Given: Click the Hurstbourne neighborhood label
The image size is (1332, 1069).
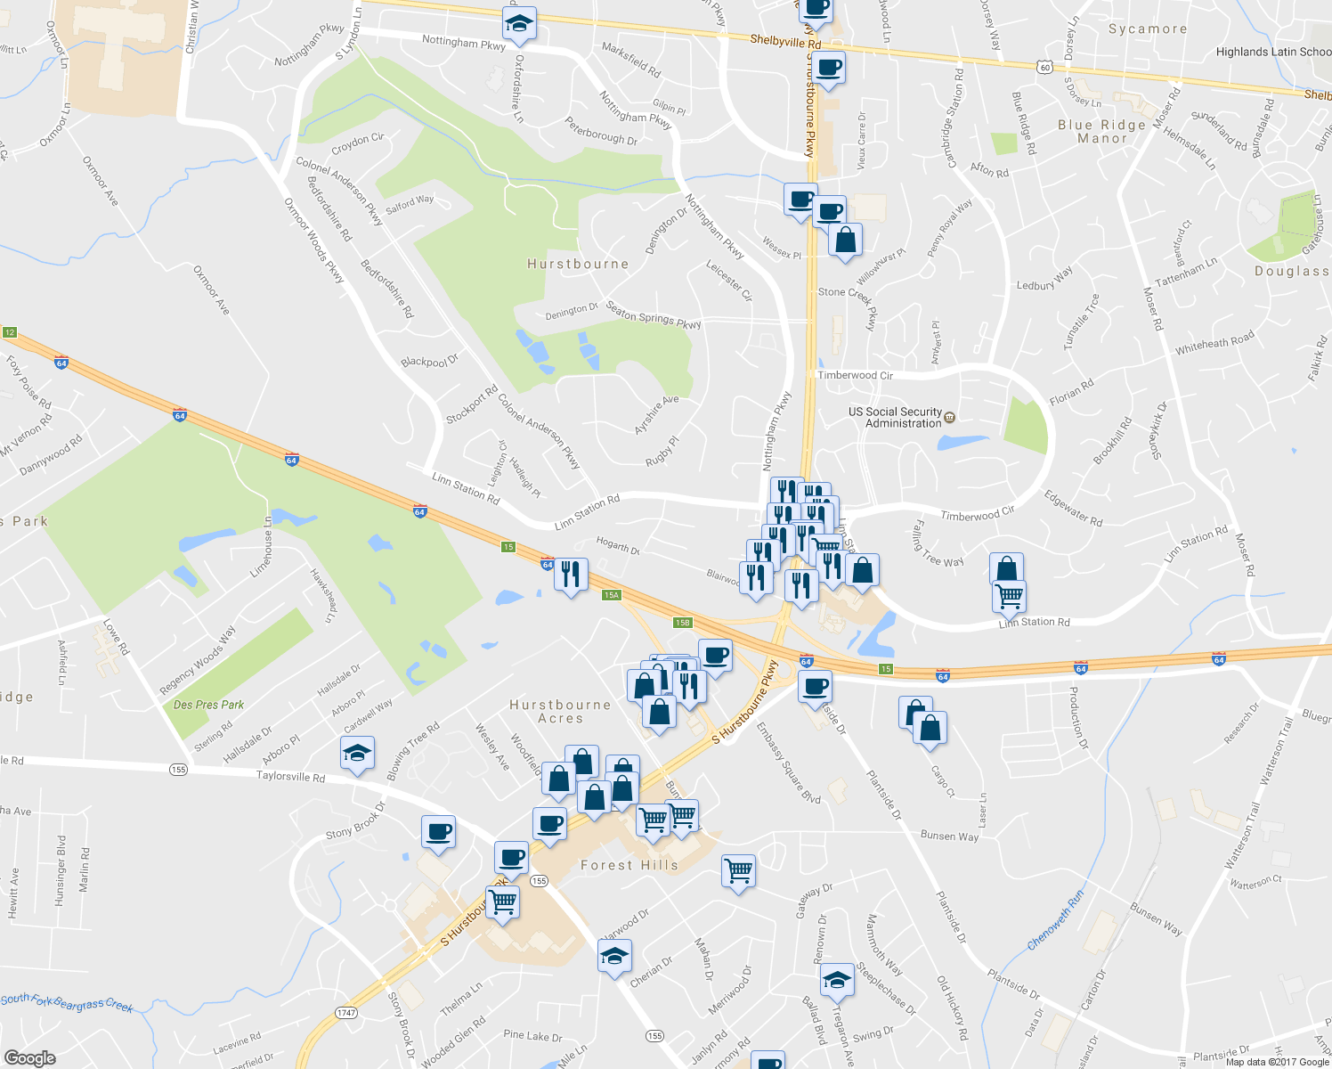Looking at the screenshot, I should coord(578,264).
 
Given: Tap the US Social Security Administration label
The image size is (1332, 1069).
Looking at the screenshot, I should coord(895,417).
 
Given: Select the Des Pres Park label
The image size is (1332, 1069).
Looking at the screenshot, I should coord(208,705).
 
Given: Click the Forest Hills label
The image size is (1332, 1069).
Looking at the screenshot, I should coord(629,865).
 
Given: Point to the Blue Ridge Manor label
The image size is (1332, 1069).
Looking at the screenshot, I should coord(1101,132).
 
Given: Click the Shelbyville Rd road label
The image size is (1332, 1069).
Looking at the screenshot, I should coord(784,41).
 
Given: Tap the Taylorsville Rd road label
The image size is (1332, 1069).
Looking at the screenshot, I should coord(290,777).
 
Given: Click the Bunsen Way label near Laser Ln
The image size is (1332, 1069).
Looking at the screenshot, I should coord(949,836).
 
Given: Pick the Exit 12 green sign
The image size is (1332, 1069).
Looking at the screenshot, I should coord(10,332).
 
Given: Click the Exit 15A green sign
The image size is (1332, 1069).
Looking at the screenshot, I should coord(611,595).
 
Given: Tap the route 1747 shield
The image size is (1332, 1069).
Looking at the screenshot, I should coord(346,1013).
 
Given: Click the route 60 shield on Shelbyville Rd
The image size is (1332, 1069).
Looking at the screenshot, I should coord(1044,67).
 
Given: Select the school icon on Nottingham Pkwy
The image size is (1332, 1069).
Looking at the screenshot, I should coord(518,23).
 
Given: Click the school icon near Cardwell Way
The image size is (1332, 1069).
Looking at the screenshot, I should coord(357,754).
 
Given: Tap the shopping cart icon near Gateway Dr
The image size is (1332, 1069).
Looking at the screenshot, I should coord(739,870).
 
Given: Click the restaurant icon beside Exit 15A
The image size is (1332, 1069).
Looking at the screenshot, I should coord(571,574).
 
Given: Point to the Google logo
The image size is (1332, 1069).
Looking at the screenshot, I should coord(29,1057).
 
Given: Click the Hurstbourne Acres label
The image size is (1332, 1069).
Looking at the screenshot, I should coord(560,711).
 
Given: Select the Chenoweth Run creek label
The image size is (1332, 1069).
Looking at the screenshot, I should coord(1056,919).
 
